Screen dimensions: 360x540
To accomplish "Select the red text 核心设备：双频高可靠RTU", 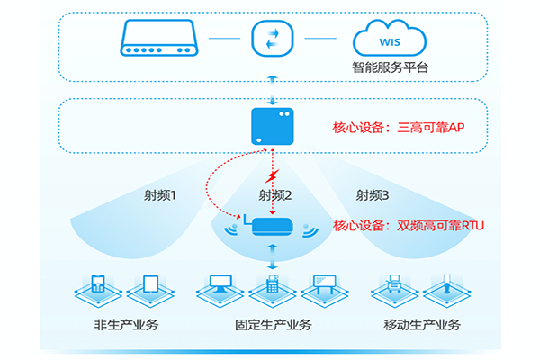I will tap(409, 225).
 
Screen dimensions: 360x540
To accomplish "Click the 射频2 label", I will tap(274, 195).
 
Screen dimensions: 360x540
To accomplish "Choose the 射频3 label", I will tap(373, 195).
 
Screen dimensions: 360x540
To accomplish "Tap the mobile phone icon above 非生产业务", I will tap(98, 286).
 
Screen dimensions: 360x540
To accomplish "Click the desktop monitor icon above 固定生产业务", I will tap(220, 286).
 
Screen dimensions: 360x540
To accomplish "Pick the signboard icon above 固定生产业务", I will tap(323, 286).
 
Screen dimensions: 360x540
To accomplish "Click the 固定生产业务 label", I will tap(271, 325).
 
